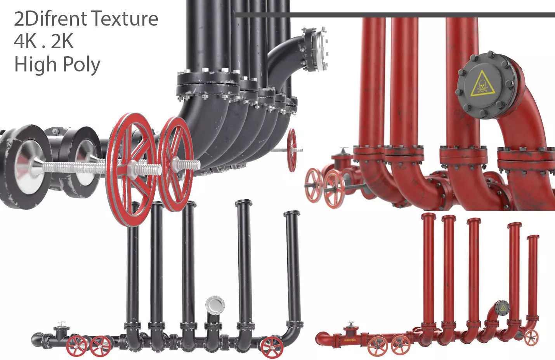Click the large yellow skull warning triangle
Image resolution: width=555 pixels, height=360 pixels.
[x=483, y=85]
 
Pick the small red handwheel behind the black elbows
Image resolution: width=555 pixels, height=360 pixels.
[x=292, y=150]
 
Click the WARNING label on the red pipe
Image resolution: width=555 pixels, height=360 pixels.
[x=350, y=340]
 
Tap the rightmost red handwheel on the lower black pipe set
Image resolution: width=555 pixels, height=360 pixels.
[x=271, y=347]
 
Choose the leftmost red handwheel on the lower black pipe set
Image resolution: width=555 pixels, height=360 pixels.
[x=76, y=346]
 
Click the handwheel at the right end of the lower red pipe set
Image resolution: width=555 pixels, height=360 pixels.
[x=531, y=338]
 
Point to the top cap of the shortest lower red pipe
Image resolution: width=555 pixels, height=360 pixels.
[x=533, y=237]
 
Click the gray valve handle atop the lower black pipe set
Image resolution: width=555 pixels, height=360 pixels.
[x=61, y=324]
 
